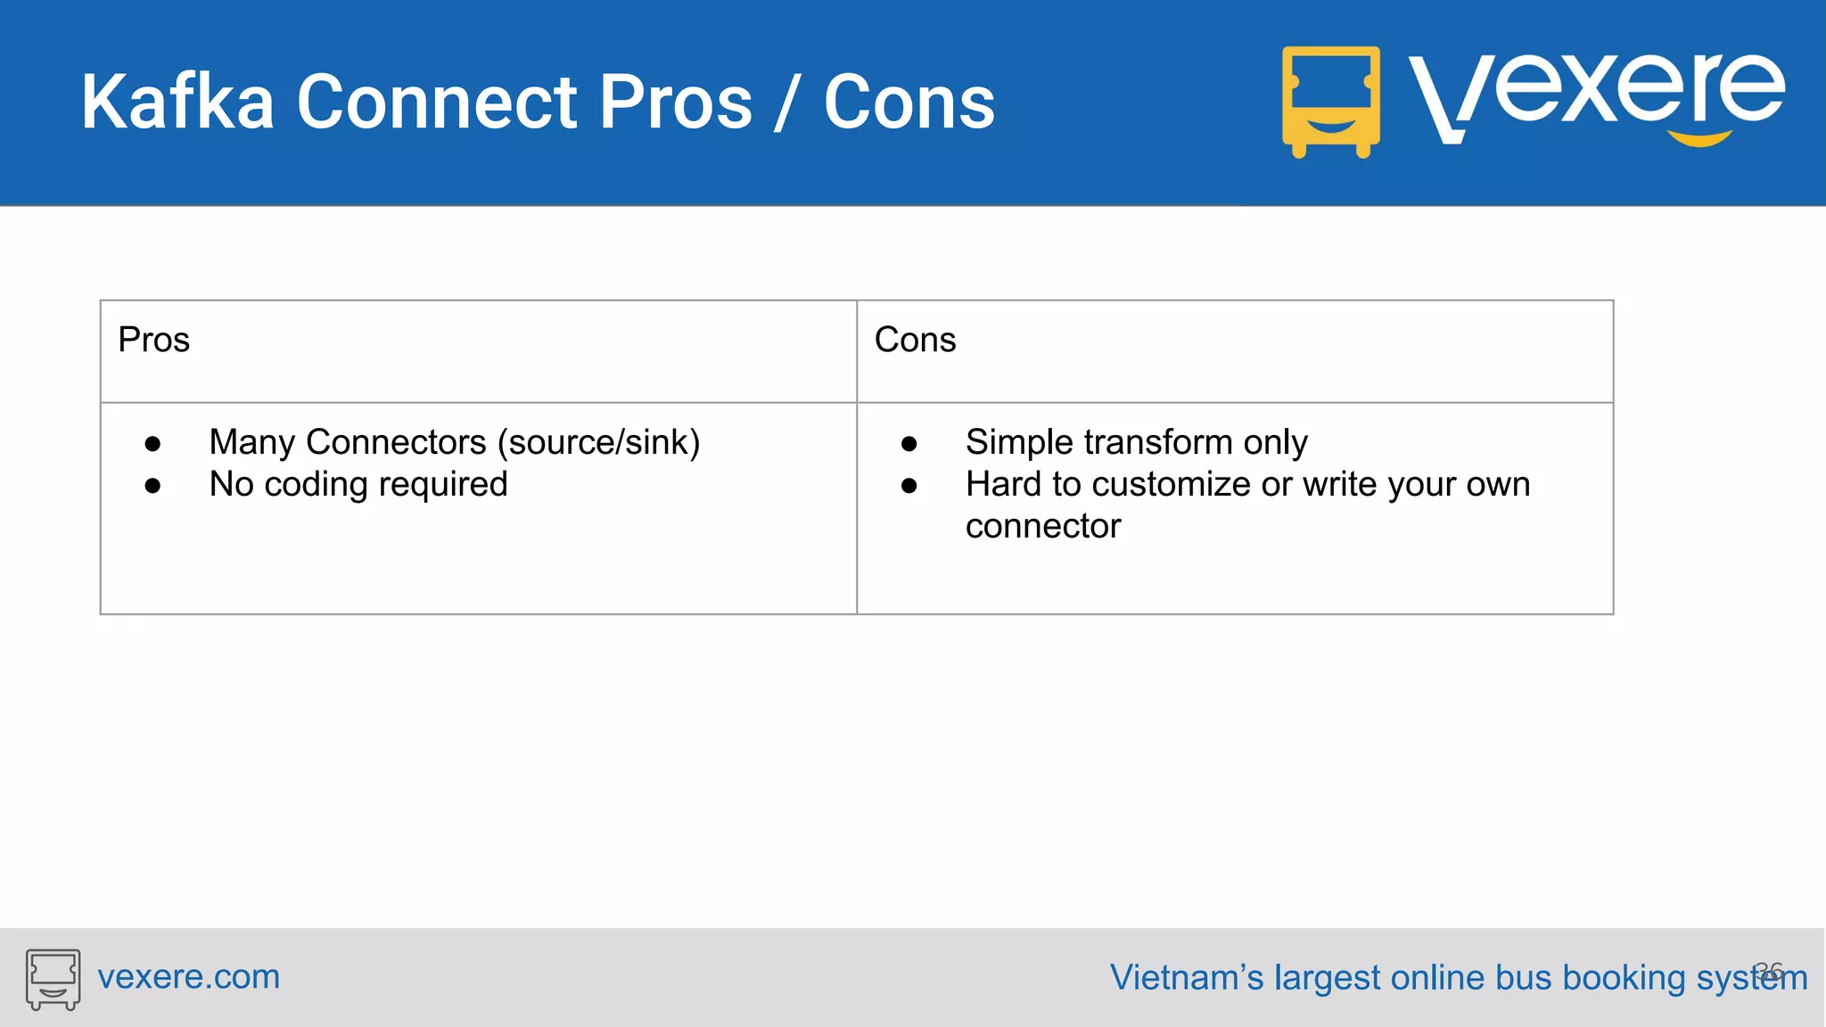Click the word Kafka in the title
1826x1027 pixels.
click(177, 103)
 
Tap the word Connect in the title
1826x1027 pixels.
click(435, 103)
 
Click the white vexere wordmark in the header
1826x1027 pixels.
click(1596, 94)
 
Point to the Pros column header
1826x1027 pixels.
click(154, 341)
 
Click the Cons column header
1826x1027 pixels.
click(915, 341)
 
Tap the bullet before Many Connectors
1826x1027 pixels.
click(152, 444)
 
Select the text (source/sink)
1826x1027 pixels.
click(598, 443)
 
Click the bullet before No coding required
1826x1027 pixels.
click(152, 486)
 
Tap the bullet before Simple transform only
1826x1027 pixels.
click(909, 444)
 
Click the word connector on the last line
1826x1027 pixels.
click(1042, 527)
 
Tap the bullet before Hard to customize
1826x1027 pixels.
click(909, 486)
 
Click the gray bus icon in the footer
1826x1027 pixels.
click(53, 979)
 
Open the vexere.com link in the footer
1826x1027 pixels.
click(188, 977)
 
